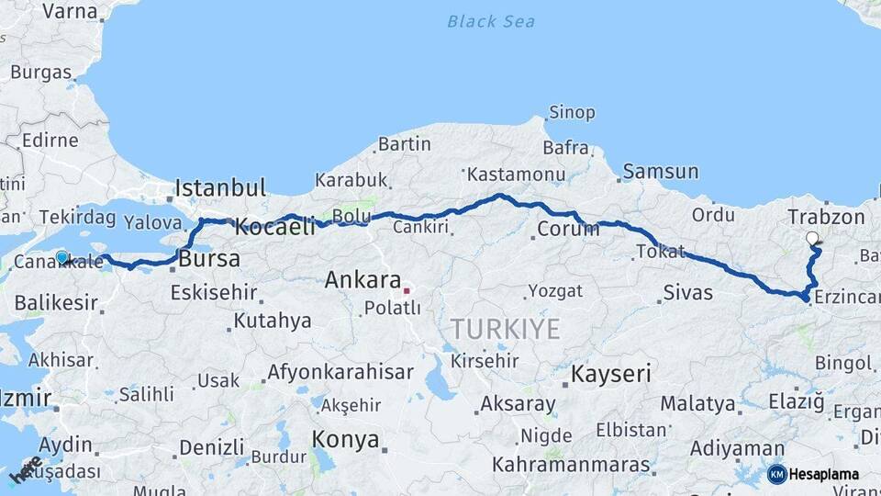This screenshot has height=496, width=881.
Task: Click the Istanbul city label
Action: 220,188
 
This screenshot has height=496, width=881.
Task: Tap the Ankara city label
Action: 362,280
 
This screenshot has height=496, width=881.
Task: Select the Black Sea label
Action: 491,21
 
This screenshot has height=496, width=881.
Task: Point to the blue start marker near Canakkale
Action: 62,258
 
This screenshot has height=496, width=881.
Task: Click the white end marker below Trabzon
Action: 812,239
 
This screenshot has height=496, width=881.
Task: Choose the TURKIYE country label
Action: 505,329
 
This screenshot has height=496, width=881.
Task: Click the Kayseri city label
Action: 610,374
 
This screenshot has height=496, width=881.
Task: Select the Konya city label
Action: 345,439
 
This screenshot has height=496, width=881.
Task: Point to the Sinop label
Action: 572,113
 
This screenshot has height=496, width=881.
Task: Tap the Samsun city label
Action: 660,172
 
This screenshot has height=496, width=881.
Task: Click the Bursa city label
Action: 209,259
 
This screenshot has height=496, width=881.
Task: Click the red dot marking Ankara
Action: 406,291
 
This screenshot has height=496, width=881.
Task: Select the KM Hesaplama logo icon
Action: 777,474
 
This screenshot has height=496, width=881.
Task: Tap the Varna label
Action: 71,11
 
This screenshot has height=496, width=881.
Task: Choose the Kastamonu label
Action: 515,174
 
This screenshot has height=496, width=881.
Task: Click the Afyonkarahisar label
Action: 340,373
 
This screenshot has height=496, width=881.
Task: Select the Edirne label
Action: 50,141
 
